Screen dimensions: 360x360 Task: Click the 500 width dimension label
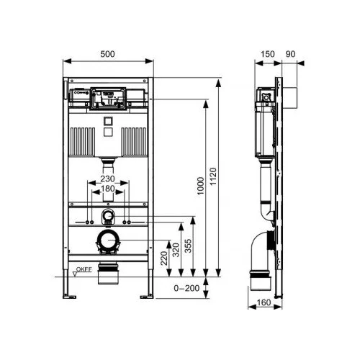tap(107, 54)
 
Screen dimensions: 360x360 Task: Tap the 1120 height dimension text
tap(213, 176)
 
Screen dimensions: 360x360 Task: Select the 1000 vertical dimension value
tap(200, 186)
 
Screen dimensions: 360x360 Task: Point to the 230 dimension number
tap(107, 179)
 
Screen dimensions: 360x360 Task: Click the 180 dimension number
tap(108, 189)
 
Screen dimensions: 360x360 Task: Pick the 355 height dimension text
tap(188, 246)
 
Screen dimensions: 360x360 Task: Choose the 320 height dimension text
tap(176, 250)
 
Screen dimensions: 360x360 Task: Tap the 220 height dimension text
tap(164, 258)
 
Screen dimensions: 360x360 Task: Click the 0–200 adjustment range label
tap(186, 288)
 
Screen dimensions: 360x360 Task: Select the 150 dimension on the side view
tap(268, 54)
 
